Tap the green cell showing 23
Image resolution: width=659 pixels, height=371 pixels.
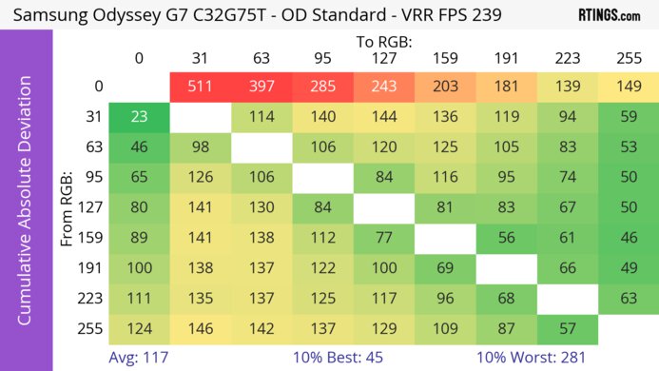[x=139, y=118]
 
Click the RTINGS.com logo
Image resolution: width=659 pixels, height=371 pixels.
[x=609, y=16]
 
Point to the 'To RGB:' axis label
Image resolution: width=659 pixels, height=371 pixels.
[x=385, y=42]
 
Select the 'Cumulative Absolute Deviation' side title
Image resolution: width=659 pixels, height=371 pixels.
[x=26, y=208]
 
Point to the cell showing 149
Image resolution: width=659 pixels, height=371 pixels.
[x=628, y=87]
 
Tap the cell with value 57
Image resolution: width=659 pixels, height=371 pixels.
[x=568, y=329]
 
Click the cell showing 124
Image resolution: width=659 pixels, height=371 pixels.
[x=139, y=329]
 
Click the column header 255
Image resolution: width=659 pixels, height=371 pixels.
[x=628, y=58]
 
